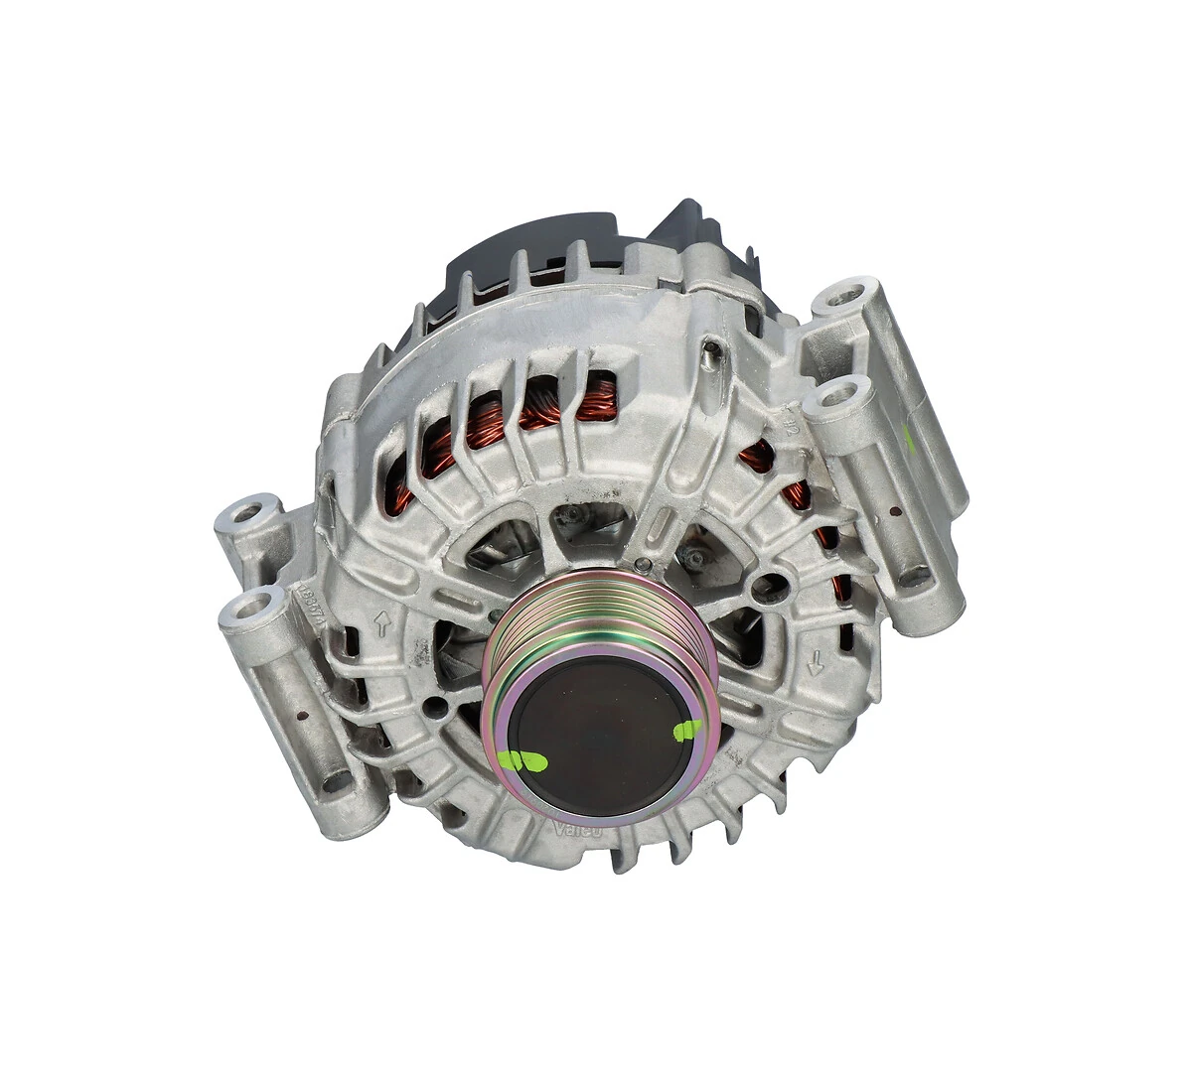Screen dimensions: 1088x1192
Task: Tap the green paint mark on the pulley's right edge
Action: tap(686, 732)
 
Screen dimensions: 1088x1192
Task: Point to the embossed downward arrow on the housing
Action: tap(816, 661)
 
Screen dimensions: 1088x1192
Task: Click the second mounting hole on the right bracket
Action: tap(836, 397)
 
